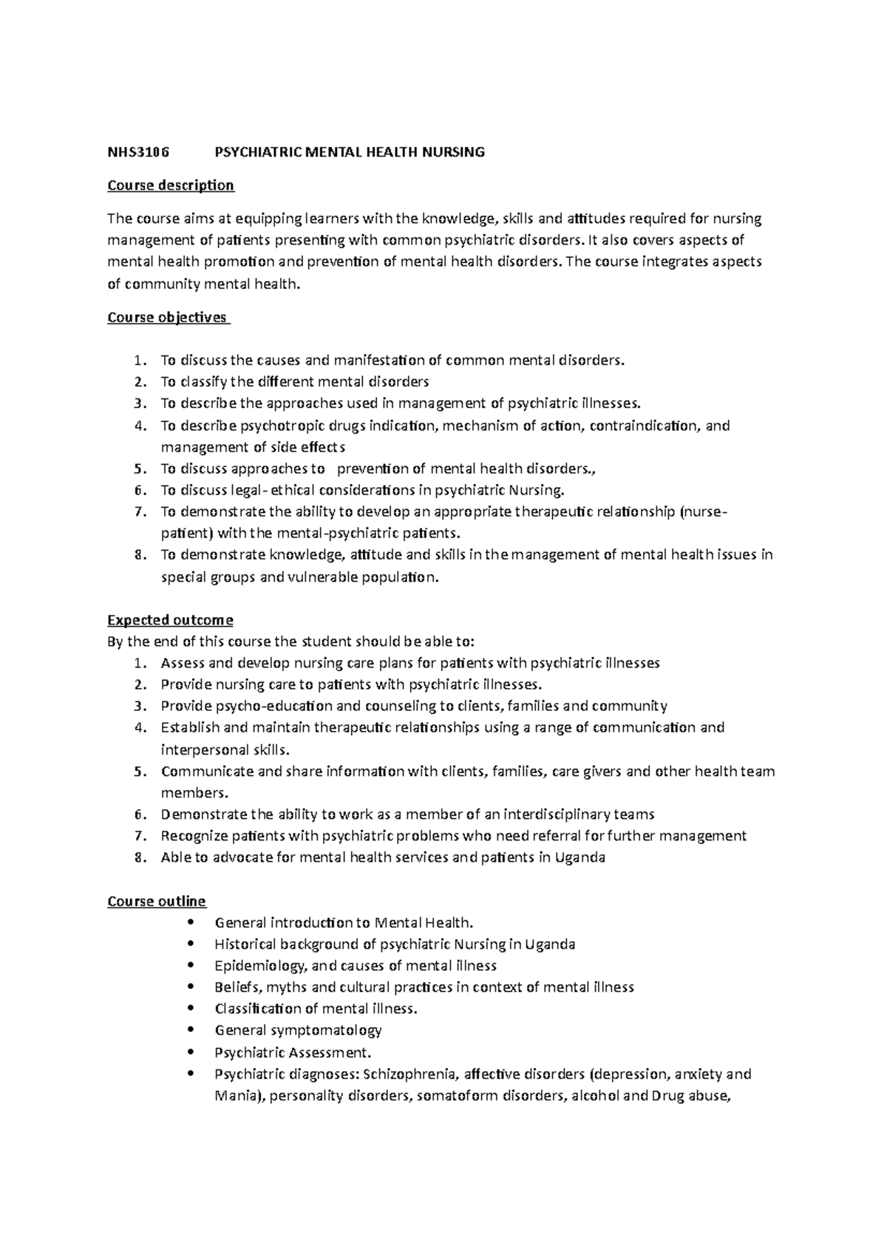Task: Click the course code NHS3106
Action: click(138, 153)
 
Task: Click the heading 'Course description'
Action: click(170, 186)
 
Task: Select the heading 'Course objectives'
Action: click(167, 318)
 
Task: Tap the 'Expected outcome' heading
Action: click(170, 620)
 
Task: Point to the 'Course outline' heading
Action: click(157, 901)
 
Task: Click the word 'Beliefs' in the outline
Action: click(237, 987)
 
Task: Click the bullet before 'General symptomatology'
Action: click(192, 1030)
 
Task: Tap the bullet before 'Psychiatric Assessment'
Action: click(192, 1052)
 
